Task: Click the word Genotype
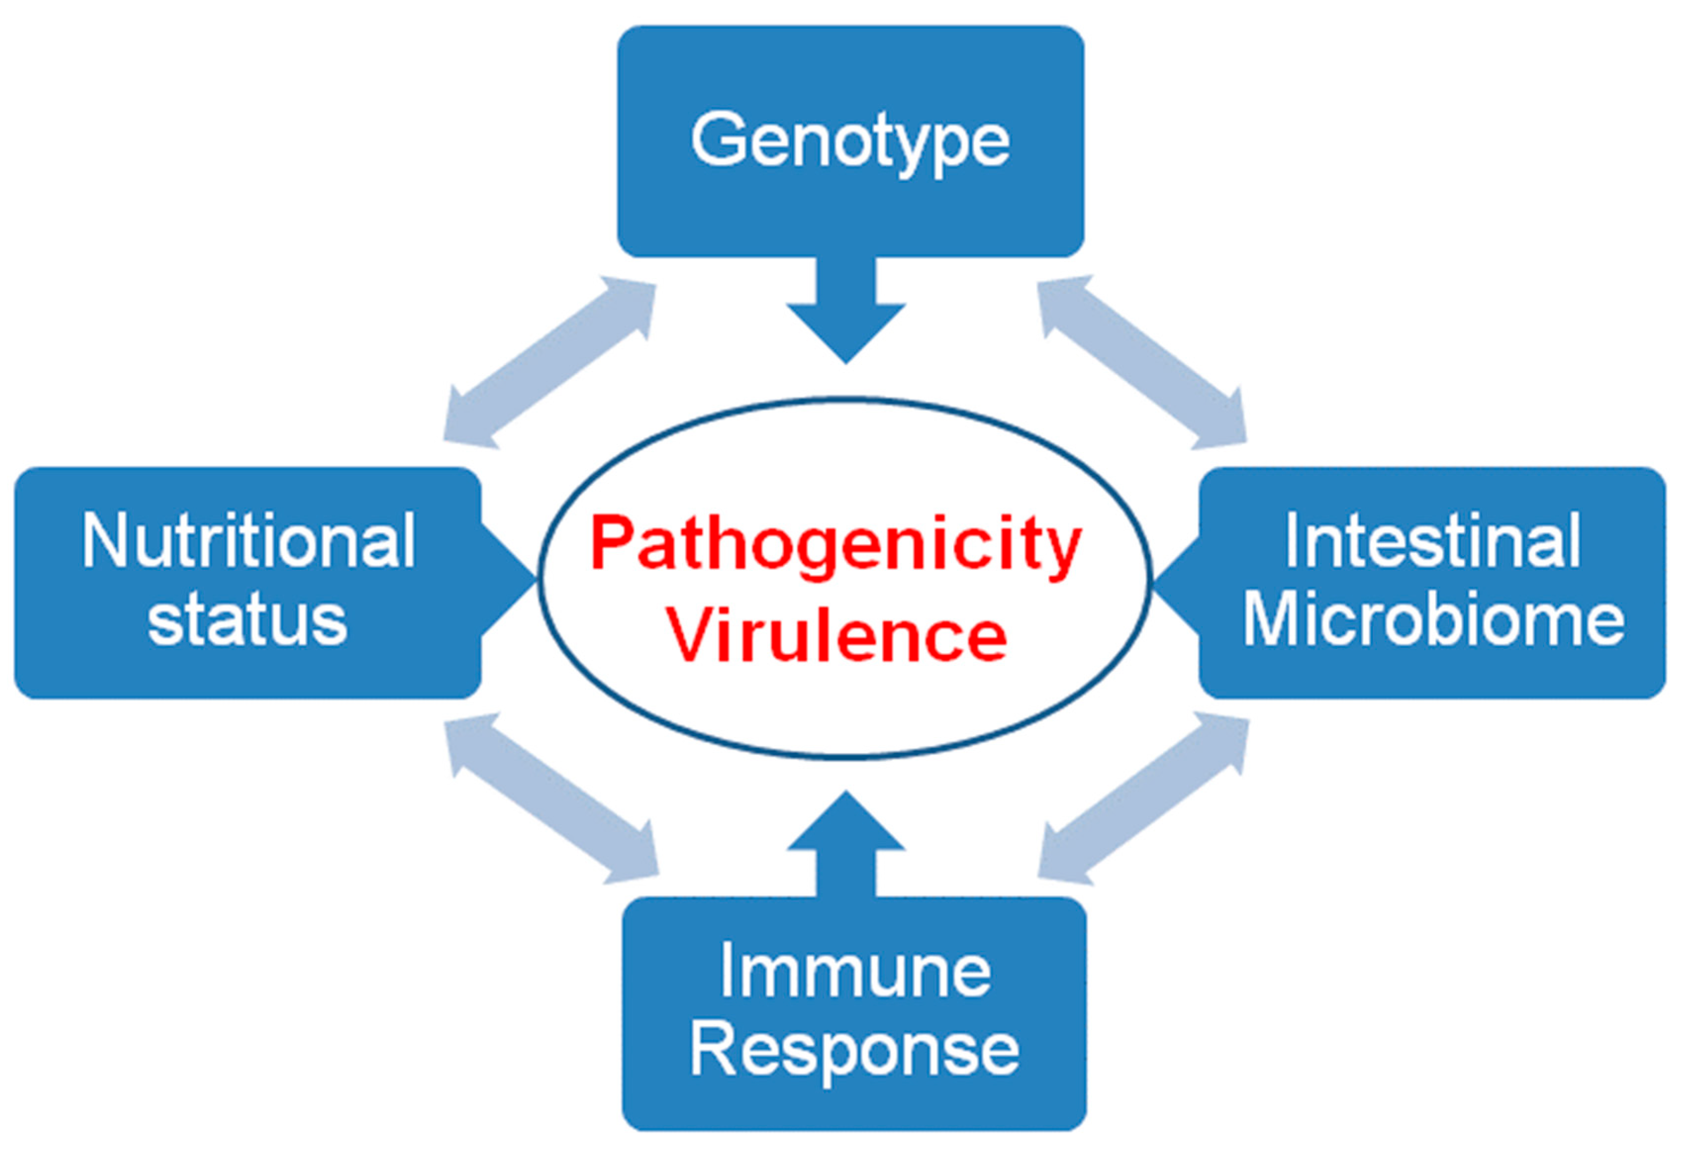tap(850, 141)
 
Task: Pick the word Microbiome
tap(1434, 621)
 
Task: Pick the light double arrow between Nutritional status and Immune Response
tap(552, 799)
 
